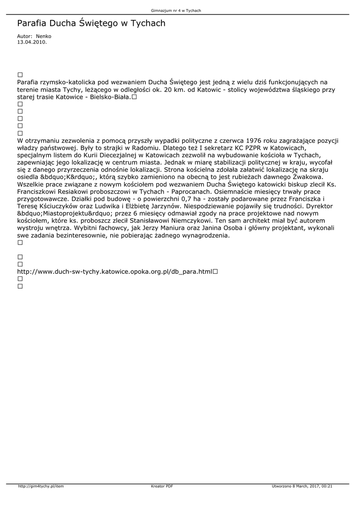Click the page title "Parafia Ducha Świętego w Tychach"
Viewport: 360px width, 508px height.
(91, 23)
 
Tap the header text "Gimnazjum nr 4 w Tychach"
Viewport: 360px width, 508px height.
(180, 10)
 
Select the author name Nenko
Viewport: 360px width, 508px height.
(44, 36)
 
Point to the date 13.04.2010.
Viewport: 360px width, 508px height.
(32, 42)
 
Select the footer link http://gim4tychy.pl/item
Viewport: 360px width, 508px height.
(41, 486)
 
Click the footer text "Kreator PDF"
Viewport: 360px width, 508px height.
(162, 486)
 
